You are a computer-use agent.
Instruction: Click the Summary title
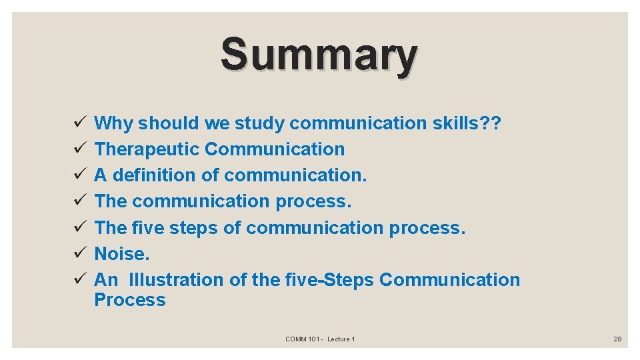(x=319, y=55)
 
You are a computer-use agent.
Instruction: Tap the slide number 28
(x=617, y=339)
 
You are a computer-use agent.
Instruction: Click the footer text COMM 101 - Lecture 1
(x=320, y=339)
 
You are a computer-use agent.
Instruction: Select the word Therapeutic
(x=147, y=149)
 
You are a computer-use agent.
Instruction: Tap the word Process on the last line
(x=129, y=300)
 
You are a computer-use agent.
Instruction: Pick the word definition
(x=155, y=175)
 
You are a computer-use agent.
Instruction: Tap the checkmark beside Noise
(x=79, y=254)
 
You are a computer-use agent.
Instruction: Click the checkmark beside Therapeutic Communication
(x=79, y=149)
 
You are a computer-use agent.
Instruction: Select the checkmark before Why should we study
(x=79, y=123)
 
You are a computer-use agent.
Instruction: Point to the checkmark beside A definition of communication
(x=79, y=175)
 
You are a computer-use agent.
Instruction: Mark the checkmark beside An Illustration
(x=79, y=280)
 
